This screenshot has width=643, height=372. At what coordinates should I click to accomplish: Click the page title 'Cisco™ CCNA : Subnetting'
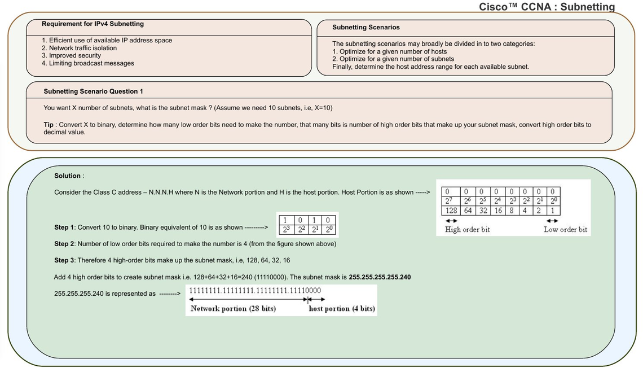point(547,7)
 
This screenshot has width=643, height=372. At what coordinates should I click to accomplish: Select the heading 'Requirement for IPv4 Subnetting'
point(93,24)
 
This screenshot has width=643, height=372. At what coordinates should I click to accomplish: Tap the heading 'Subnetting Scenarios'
point(365,27)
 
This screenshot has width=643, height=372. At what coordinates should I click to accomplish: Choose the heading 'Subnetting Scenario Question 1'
point(93,91)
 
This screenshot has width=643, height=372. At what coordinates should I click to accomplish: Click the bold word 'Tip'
point(49,125)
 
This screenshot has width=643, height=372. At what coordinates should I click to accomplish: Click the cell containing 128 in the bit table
point(451,211)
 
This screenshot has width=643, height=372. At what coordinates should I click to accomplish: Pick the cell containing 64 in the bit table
point(468,211)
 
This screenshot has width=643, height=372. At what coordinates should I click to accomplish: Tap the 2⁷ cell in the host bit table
point(448,201)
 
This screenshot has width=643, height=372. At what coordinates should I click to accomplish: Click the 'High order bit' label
point(467,230)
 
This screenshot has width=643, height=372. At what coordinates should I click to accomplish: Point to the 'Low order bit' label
point(565,230)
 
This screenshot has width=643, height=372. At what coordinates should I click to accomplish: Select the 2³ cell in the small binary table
point(287,230)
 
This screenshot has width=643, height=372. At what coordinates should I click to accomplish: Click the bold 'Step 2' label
point(64,244)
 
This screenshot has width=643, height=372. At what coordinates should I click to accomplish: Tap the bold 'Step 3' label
point(64,260)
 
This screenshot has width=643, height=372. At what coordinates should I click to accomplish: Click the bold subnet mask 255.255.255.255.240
point(380,277)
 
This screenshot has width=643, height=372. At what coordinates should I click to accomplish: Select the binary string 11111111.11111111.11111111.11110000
point(255,291)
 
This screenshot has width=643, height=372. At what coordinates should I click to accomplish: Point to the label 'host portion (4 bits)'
point(342,309)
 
